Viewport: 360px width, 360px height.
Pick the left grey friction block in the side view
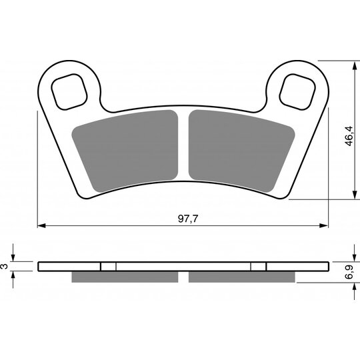[x=125, y=277]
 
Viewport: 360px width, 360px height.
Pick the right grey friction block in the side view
[x=241, y=277]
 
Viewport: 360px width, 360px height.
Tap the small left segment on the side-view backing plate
[x=108, y=266]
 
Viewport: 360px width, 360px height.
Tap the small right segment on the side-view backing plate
[x=258, y=266]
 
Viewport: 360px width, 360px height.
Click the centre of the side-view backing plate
[x=183, y=266]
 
